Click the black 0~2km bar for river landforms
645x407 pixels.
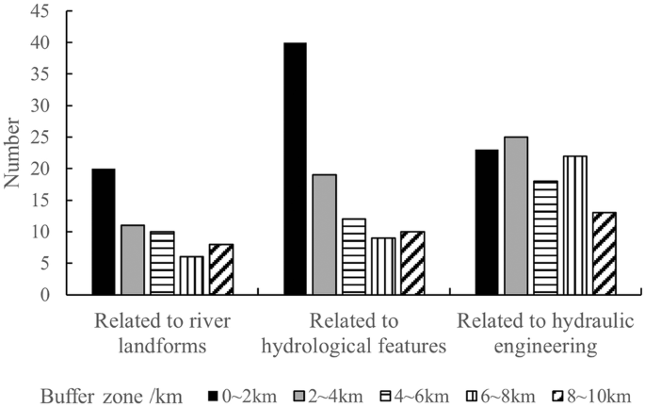pyautogui.click(x=104, y=232)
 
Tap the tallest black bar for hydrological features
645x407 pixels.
pyautogui.click(x=295, y=169)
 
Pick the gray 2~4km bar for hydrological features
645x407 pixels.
pyautogui.click(x=323, y=235)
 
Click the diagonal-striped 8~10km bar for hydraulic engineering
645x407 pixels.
pyautogui.click(x=605, y=253)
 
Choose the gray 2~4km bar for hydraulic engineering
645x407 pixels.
pyautogui.click(x=515, y=216)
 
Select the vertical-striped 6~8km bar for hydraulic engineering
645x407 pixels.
pyautogui.click(x=575, y=225)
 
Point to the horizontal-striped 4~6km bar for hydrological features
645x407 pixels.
pyautogui.click(x=352, y=256)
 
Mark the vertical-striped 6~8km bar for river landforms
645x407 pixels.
pyautogui.click(x=191, y=275)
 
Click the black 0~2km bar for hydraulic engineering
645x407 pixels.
pyautogui.click(x=487, y=222)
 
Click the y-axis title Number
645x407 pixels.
pyautogui.click(x=13, y=153)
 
